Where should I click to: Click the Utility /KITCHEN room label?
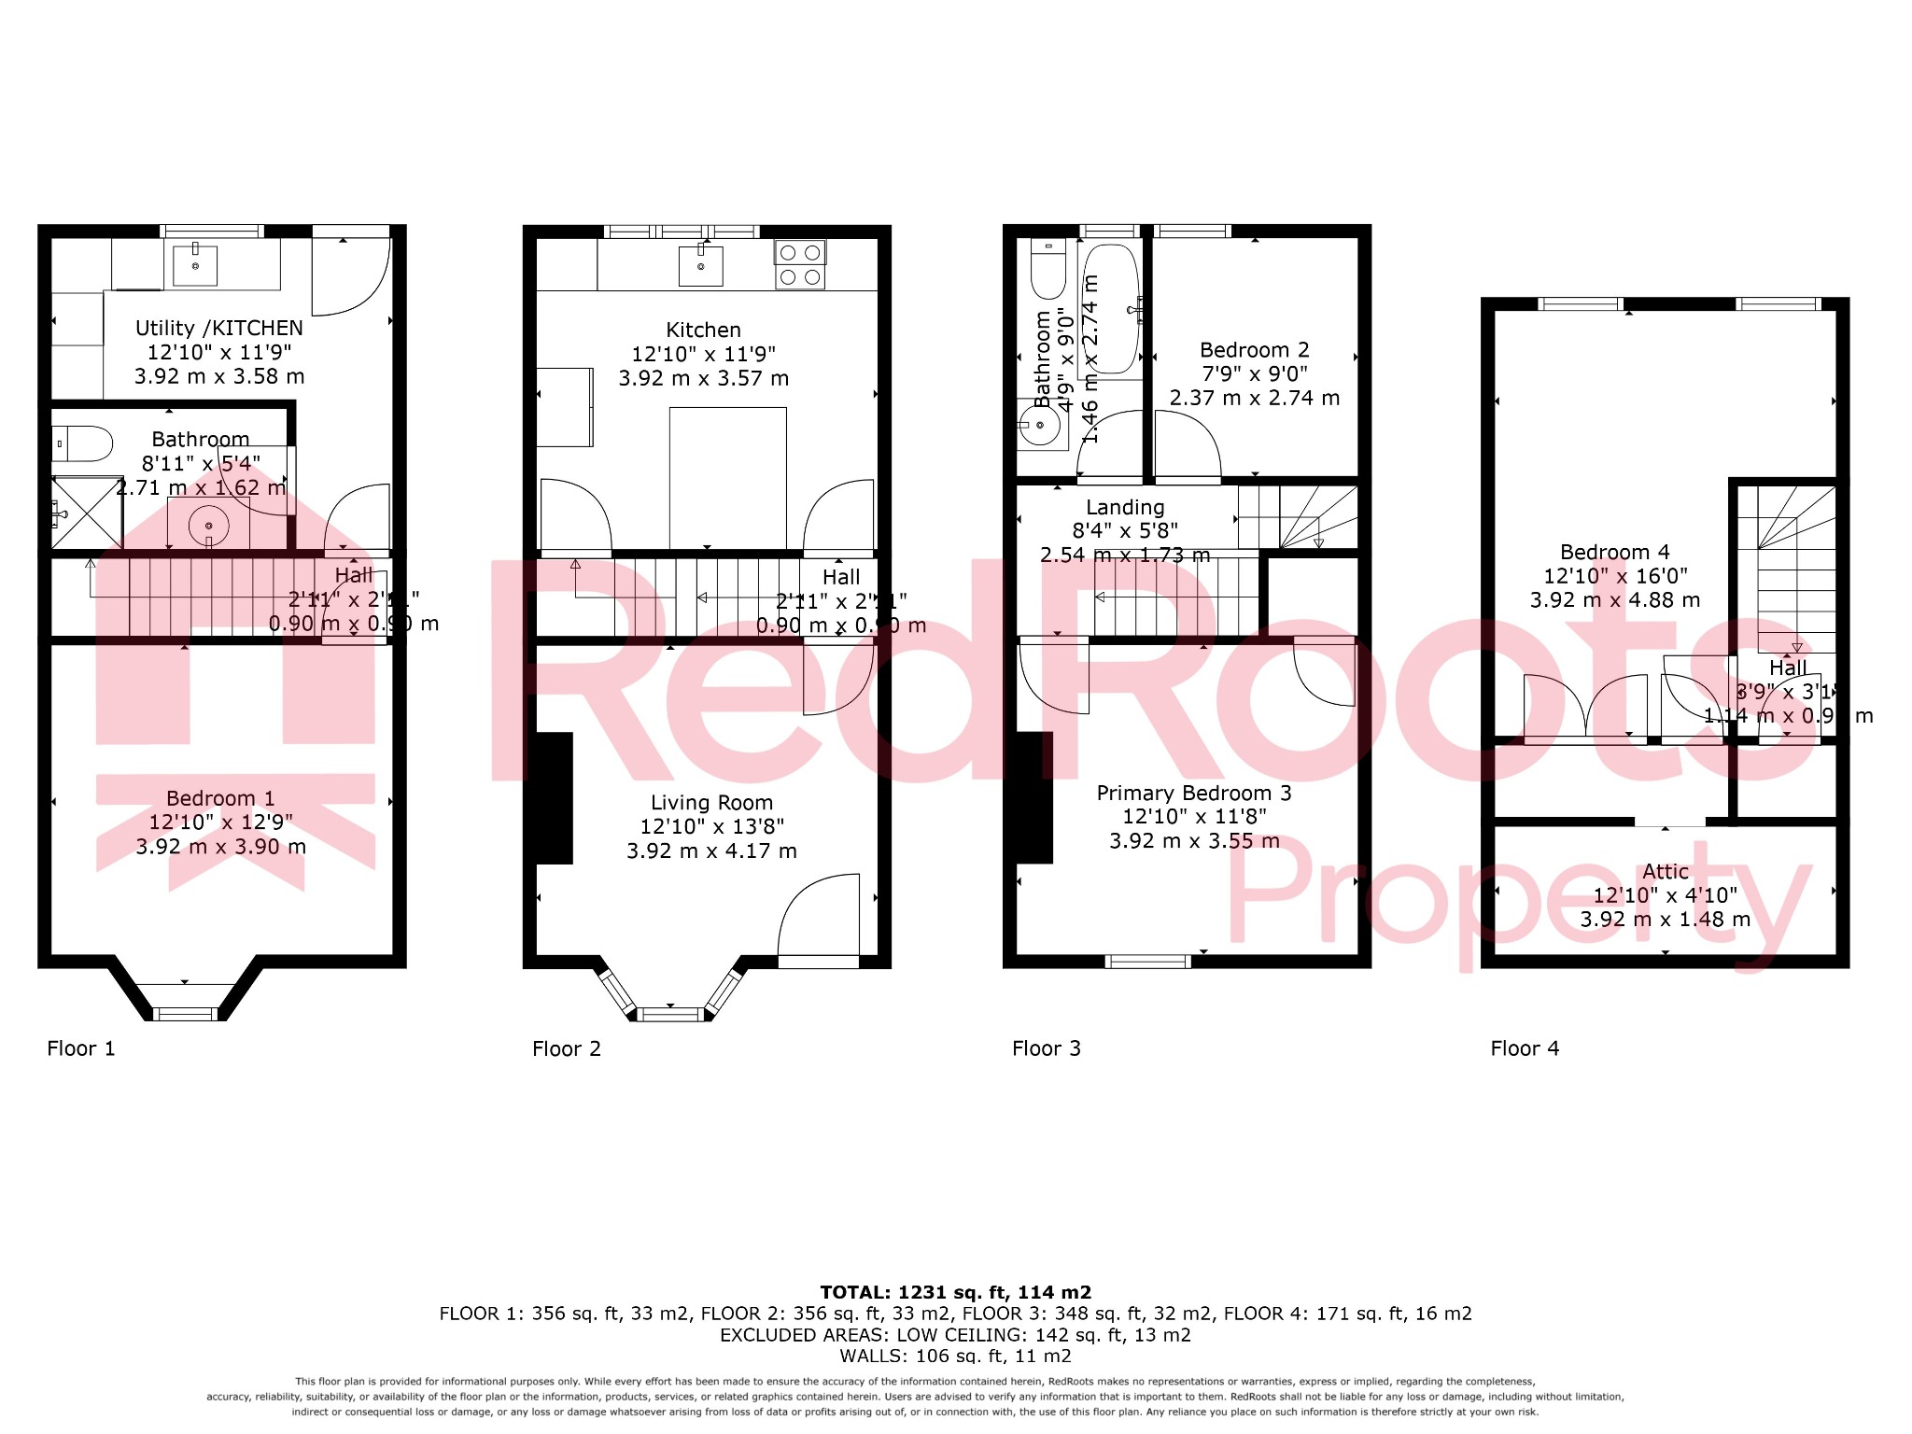[x=219, y=329]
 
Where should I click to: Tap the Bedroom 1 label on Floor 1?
[x=220, y=799]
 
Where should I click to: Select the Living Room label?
[x=711, y=803]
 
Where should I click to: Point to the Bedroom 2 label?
[x=1254, y=350]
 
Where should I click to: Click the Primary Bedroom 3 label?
[x=1193, y=794]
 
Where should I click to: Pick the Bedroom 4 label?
[x=1614, y=553]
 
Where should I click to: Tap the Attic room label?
[x=1665, y=872]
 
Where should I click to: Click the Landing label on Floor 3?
[x=1125, y=508]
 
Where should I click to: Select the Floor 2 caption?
[x=566, y=1048]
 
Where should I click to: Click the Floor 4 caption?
[x=1524, y=1048]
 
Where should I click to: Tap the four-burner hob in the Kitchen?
[x=799, y=264]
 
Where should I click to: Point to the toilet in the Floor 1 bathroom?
[x=82, y=444]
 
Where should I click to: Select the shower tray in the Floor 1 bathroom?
[x=86, y=513]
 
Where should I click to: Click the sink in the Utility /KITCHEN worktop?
[x=195, y=266]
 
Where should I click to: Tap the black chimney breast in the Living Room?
[x=554, y=798]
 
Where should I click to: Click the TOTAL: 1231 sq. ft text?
[x=955, y=1293]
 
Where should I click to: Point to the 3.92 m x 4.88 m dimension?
[x=1614, y=600]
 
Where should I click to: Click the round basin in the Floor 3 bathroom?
[x=1039, y=426]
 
